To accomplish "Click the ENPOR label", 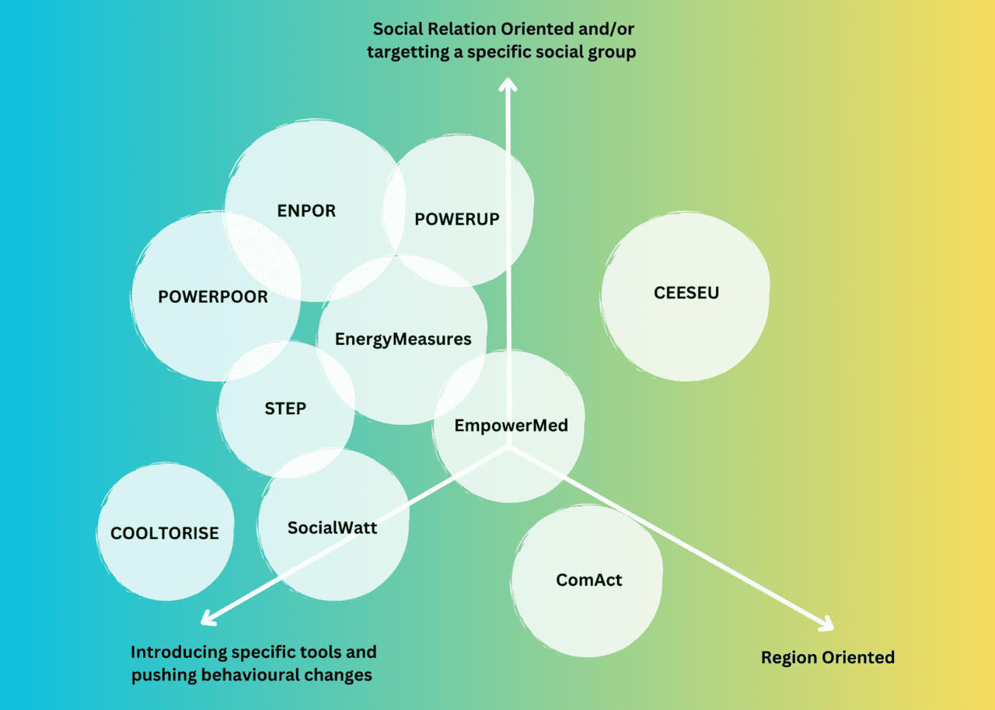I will click(306, 211).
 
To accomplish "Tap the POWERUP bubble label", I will click(456, 219).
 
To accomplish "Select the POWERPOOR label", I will click(213, 297).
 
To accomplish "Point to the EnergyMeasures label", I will click(403, 339).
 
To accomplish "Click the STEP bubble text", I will click(285, 409).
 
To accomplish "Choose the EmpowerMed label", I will click(511, 426).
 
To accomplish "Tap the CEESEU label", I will click(686, 293).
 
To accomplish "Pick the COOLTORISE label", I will click(165, 534).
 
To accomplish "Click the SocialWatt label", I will click(332, 528).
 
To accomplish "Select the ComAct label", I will click(589, 580).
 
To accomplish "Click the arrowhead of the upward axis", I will click(508, 83).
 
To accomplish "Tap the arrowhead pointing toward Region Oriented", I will click(826, 623).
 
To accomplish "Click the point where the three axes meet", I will click(508, 447).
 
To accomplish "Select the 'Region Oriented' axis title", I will click(827, 658).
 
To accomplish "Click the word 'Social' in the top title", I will click(395, 30).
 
